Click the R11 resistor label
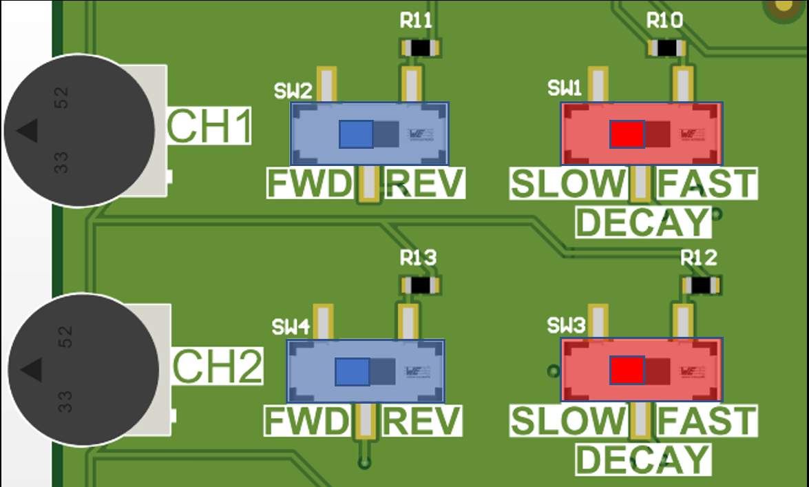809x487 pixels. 417,21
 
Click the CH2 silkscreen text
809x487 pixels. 217,367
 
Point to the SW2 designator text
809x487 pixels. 293,90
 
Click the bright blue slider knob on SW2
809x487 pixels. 356,134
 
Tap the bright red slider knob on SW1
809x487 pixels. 627,134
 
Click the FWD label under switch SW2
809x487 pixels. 310,184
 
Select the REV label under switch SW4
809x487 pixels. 421,421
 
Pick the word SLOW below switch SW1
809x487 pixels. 569,184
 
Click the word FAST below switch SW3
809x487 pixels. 706,421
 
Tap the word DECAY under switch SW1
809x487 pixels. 642,222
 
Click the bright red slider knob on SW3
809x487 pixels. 627,371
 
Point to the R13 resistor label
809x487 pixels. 418,258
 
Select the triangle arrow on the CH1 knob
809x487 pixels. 27,131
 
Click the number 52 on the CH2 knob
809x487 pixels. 65,337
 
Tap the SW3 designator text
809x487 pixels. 566,325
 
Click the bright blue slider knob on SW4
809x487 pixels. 353,372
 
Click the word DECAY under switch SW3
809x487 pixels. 642,459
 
